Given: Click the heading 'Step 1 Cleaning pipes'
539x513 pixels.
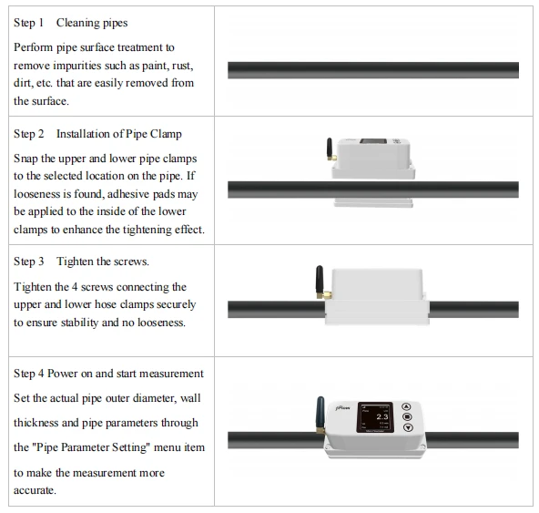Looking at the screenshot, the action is (x=70, y=23).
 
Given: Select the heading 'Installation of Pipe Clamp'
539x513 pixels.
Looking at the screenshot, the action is (x=119, y=134).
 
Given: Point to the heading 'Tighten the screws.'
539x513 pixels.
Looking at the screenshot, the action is (x=103, y=262).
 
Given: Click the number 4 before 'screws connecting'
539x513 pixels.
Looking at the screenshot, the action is (x=75, y=287).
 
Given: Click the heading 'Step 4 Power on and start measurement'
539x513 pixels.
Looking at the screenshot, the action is (x=108, y=374).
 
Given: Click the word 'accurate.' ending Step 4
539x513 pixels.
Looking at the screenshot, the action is (x=35, y=490).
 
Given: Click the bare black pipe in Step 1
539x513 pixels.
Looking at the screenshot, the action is (x=373, y=70).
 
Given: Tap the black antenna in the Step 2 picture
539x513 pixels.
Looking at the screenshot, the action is (x=330, y=148).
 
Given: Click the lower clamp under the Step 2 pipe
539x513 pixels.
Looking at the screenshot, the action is (x=373, y=202).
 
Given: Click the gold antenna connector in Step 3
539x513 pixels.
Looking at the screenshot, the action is (x=324, y=295).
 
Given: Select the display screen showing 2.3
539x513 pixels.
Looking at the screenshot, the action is (x=375, y=417).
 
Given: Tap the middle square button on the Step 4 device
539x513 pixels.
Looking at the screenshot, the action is (x=407, y=417).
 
